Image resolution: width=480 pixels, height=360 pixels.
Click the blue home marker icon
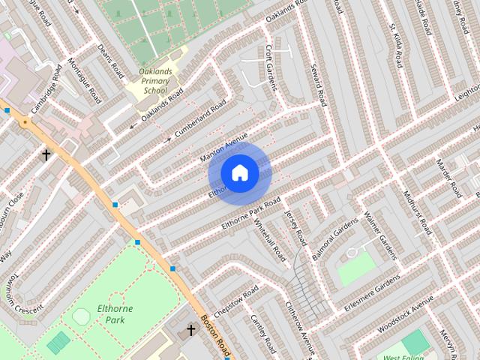(239, 173)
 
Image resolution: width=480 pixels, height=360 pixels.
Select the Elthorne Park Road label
(250, 214)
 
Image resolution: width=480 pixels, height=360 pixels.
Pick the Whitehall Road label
(270, 240)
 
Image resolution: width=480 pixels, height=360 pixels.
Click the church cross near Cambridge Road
(46, 154)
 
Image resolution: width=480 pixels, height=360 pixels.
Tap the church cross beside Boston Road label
(190, 329)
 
